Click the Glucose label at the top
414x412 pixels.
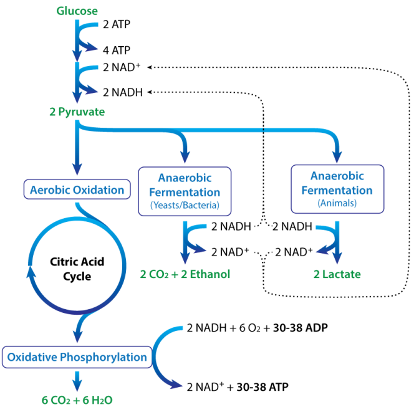tap(77, 11)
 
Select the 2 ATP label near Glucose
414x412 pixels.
tap(117, 25)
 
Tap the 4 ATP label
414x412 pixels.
tap(117, 49)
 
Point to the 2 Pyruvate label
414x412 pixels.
tap(77, 112)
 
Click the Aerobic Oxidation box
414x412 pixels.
tap(77, 189)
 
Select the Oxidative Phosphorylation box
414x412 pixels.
tap(77, 357)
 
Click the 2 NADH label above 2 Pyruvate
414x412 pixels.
tap(122, 92)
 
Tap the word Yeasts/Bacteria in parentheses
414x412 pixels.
tap(184, 206)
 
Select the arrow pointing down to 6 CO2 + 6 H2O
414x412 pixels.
tap(77, 380)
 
